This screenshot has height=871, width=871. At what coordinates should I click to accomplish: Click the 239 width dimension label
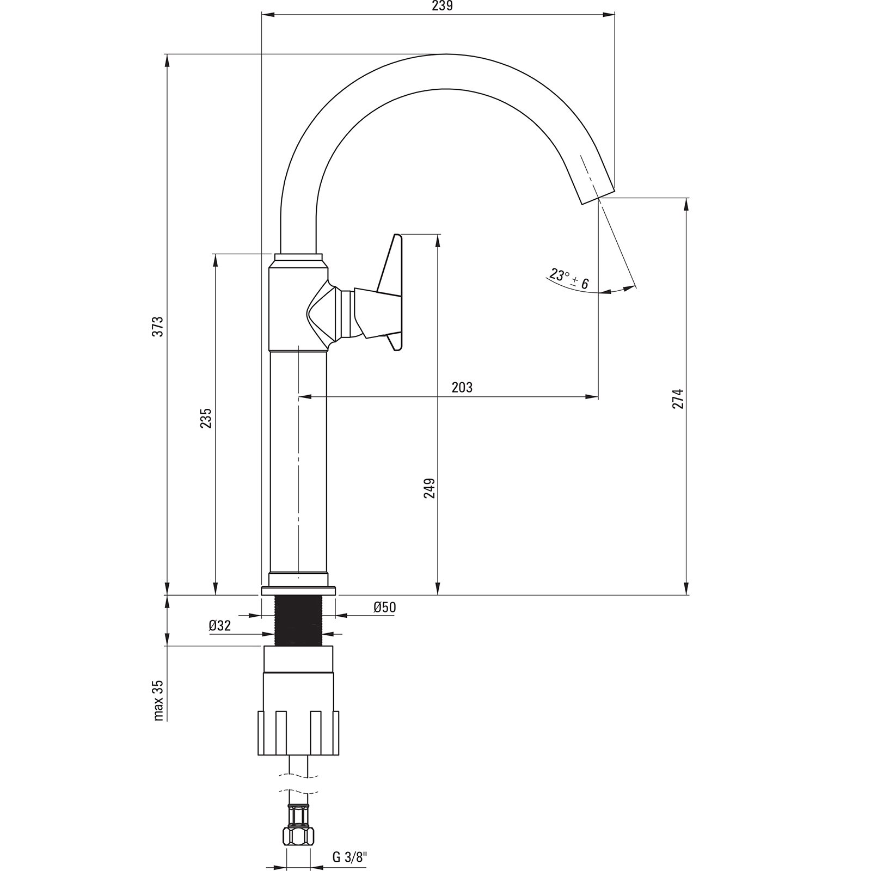point(442,6)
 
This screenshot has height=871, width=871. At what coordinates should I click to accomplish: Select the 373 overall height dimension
point(158,327)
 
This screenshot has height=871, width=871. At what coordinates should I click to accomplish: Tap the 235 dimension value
point(206,418)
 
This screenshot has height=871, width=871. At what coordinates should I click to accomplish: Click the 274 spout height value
point(677,399)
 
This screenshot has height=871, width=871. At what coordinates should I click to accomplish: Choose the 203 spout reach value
point(462,387)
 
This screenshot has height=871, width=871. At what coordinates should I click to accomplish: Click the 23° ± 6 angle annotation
point(569,279)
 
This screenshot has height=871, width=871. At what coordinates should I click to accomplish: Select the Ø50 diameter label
point(384,607)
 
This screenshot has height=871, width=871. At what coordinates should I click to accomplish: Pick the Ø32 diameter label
point(219,625)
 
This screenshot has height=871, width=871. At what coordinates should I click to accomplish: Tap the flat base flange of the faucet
point(298,591)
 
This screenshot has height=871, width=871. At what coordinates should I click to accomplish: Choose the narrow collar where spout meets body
point(298,259)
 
